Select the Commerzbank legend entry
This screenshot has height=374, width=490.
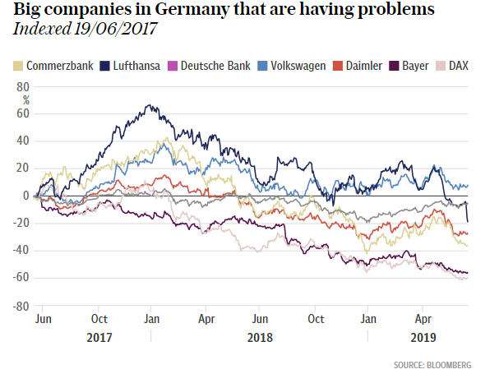53,66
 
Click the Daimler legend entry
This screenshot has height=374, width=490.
363,66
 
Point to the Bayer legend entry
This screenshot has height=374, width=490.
414,66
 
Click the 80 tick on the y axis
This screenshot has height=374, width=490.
23,86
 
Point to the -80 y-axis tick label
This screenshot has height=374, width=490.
21,307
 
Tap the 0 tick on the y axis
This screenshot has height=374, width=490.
26,196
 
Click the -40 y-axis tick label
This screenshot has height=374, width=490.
21,252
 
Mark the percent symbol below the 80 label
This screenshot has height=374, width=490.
25,99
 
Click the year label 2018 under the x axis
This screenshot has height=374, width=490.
260,337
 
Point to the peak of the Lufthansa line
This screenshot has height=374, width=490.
148,105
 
